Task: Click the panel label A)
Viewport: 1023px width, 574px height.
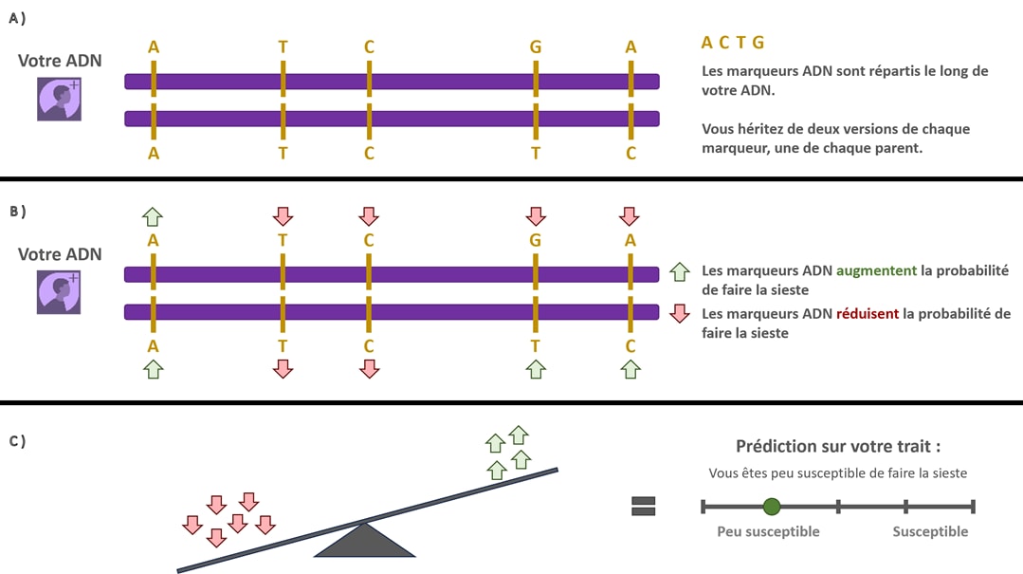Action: tap(18, 18)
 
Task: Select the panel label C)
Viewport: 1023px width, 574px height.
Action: tap(18, 440)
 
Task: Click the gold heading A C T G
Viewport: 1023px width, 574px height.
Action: tap(732, 42)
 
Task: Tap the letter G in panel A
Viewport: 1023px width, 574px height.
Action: tap(536, 46)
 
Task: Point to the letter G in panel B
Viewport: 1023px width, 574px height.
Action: tap(536, 241)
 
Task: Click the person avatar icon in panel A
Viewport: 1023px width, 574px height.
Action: tap(59, 99)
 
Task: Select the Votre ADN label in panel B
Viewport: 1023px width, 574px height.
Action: tap(60, 254)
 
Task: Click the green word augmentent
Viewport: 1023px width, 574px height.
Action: tap(877, 270)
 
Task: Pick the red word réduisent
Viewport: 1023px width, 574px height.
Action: tap(868, 314)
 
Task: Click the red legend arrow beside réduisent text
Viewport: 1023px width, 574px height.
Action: tap(679, 314)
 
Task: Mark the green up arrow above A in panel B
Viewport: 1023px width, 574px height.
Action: tap(153, 215)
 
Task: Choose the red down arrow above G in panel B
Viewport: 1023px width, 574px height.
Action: tap(536, 215)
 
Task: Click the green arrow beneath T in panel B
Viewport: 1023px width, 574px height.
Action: tap(536, 369)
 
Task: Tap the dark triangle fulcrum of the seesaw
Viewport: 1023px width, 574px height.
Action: tap(365, 542)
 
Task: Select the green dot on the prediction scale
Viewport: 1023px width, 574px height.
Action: tap(772, 506)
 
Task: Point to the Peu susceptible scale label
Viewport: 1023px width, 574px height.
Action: tap(768, 531)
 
